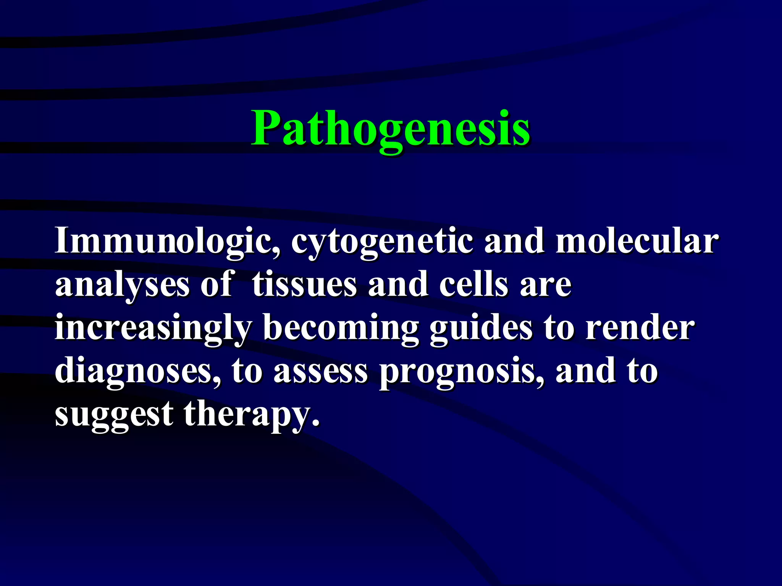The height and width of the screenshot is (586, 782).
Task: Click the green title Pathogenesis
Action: pyautogui.click(x=390, y=129)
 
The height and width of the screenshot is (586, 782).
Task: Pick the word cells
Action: pyautogui.click(x=473, y=284)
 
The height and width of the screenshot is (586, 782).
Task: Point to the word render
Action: pyautogui.click(x=640, y=328)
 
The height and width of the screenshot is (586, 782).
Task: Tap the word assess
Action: pyautogui.click(x=320, y=372)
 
